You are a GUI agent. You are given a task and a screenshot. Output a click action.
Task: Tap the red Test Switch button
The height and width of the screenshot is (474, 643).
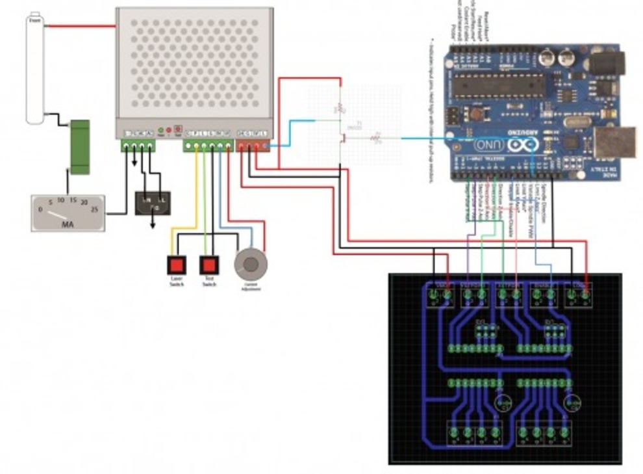208,265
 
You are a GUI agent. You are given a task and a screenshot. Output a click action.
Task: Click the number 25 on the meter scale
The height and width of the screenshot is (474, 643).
94,209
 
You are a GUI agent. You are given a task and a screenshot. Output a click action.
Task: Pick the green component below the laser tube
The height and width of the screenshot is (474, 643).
80,147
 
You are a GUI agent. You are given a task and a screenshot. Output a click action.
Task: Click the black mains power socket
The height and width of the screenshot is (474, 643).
153,203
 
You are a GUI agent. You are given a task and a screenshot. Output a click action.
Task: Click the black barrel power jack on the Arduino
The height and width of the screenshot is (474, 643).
607,64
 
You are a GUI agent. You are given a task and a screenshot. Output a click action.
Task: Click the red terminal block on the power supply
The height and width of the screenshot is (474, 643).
253,146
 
